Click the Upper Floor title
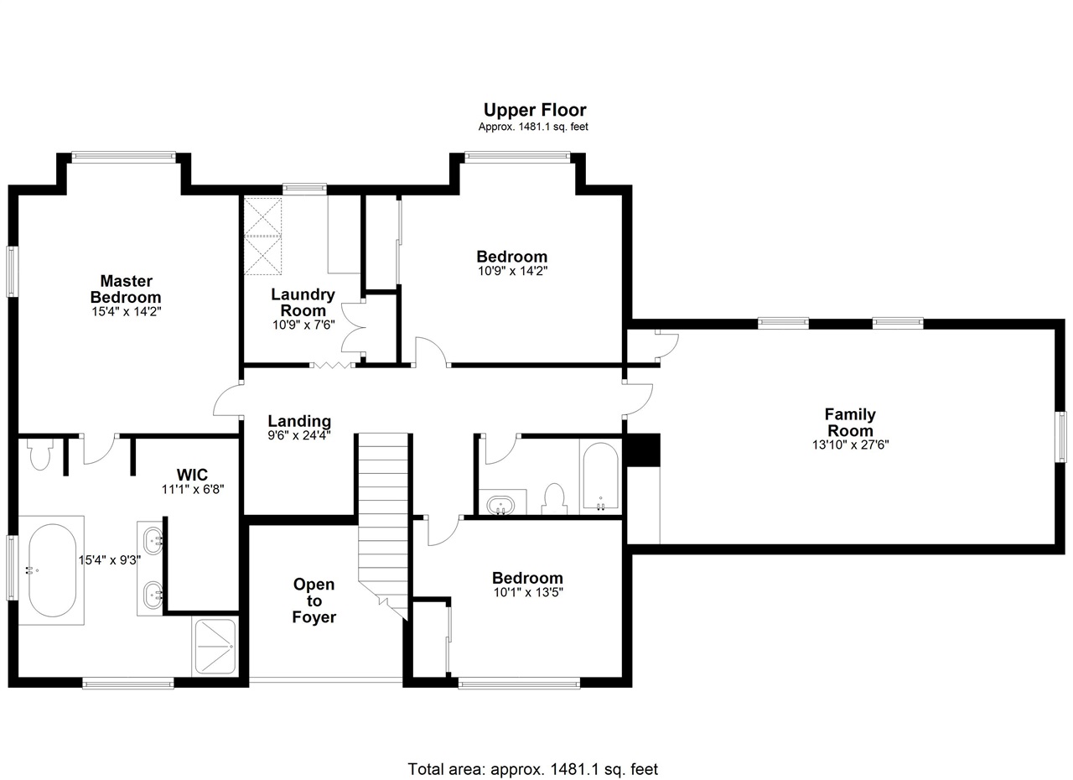(x=535, y=110)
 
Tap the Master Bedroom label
(x=126, y=289)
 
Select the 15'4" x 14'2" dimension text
(x=127, y=311)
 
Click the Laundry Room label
(x=303, y=302)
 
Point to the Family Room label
(x=850, y=422)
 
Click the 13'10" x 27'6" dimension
(x=850, y=445)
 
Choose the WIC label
(x=192, y=475)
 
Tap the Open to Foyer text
(x=314, y=601)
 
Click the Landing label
(x=299, y=421)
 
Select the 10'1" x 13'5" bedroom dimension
(x=528, y=592)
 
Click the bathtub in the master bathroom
(x=52, y=570)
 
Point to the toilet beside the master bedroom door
(x=39, y=455)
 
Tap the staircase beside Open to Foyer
(x=383, y=527)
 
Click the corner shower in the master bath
(x=215, y=647)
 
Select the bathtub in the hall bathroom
(x=600, y=476)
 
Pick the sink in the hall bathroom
(x=500, y=505)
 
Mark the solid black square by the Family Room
(x=643, y=450)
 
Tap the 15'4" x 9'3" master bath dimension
(x=110, y=559)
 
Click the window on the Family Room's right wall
(x=1061, y=436)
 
